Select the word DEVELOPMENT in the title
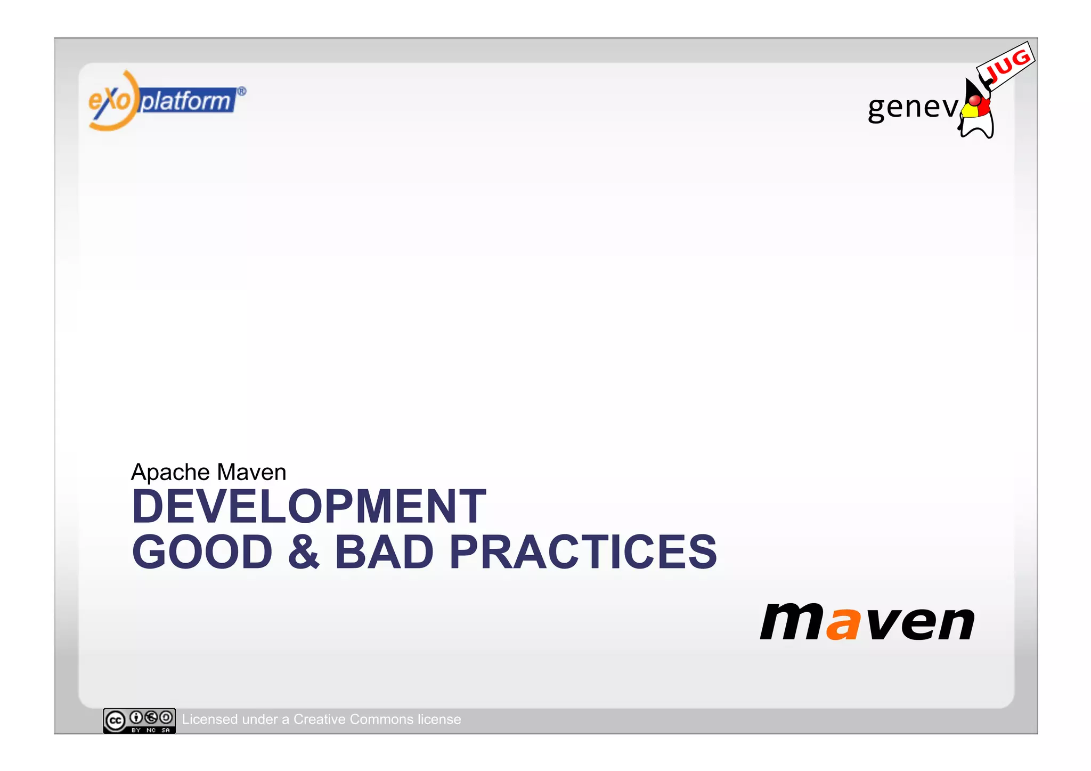click(x=308, y=507)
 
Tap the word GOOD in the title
click(x=202, y=552)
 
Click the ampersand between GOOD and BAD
click(x=303, y=552)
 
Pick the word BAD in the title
click(x=384, y=552)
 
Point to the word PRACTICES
click(x=583, y=552)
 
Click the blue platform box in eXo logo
click(x=186, y=101)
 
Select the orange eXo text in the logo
click(x=109, y=101)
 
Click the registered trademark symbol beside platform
click(x=241, y=92)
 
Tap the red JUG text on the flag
click(x=1007, y=64)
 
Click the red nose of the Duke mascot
click(x=974, y=101)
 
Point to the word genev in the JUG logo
click(x=912, y=107)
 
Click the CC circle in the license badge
click(x=115, y=721)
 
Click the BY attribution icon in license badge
click(x=136, y=717)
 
